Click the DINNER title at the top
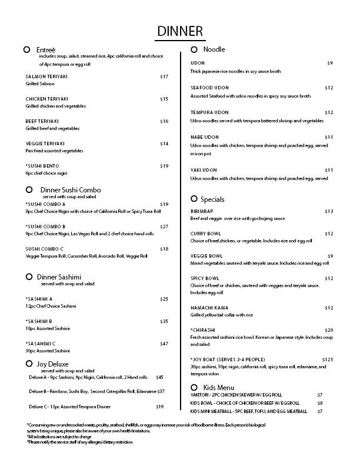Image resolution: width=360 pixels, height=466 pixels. [x=180, y=31]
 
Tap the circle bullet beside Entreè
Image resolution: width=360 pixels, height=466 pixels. [x=27, y=50]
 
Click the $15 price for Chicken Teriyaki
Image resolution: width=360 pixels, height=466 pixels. [x=164, y=99]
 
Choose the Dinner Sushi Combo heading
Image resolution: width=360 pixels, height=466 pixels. [x=71, y=190]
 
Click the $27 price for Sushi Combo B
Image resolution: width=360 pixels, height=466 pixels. [x=164, y=227]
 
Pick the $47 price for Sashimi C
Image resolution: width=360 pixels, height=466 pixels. [x=164, y=343]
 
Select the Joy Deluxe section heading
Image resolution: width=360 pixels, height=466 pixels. [x=54, y=364]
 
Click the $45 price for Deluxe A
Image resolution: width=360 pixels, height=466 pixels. [x=159, y=377]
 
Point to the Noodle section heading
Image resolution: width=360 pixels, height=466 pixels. [x=214, y=49]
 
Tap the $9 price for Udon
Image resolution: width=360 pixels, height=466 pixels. [x=330, y=63]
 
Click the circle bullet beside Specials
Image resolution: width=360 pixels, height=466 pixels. [x=194, y=199]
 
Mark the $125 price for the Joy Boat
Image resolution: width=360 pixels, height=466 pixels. [x=328, y=359]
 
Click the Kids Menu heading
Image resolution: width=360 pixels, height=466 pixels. [x=218, y=387]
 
